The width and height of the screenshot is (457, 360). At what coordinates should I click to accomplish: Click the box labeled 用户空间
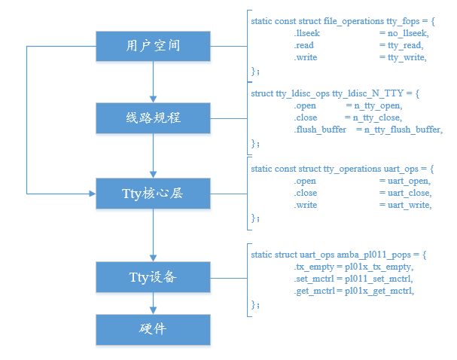coord(153,47)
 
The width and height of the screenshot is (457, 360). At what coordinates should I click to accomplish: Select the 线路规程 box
coord(153,119)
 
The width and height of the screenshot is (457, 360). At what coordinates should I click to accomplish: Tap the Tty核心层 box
coord(153,194)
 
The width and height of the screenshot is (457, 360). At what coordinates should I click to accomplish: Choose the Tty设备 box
coord(153,276)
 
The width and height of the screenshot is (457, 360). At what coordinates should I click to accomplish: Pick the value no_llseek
coord(404,33)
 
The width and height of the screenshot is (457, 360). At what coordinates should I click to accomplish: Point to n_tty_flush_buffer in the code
coord(403,130)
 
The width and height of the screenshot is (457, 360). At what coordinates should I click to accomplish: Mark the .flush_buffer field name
coord(321,130)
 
